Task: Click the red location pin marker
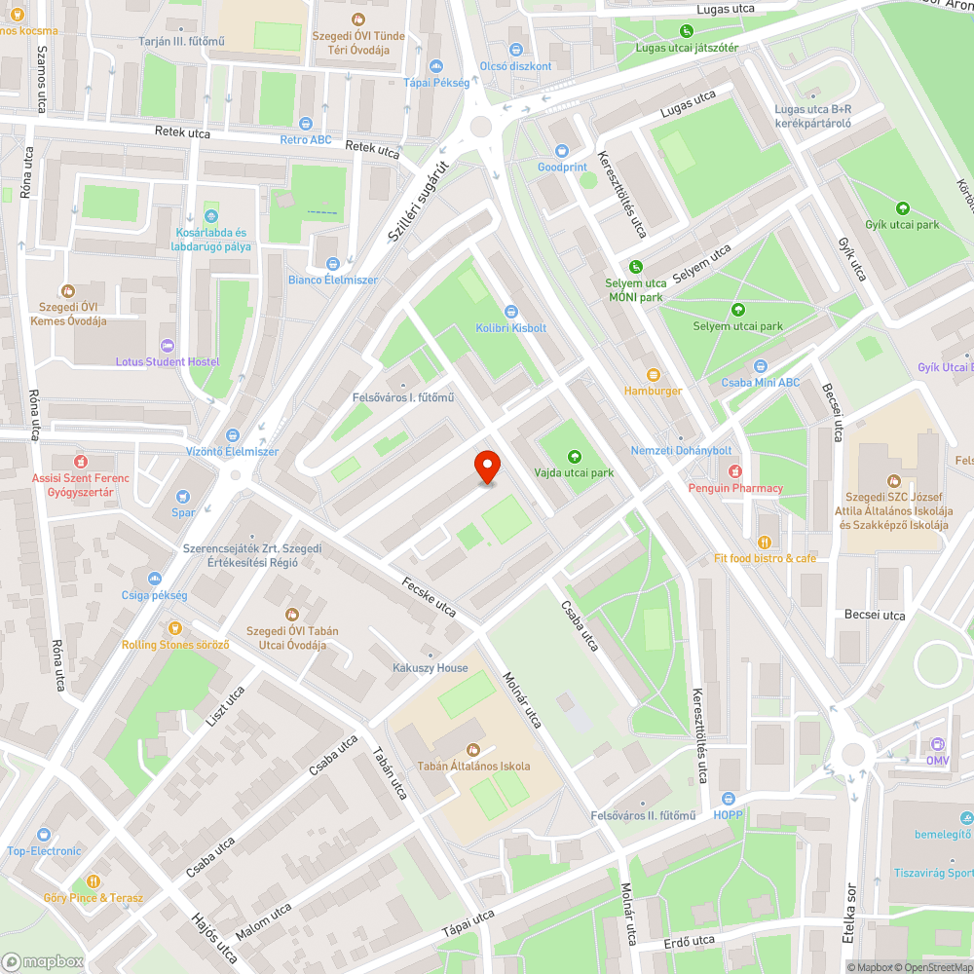pyautogui.click(x=486, y=467)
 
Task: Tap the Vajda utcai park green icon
pyautogui.click(x=574, y=455)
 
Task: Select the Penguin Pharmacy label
pyautogui.click(x=735, y=488)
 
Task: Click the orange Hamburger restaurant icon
pyautogui.click(x=654, y=374)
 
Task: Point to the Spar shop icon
pyautogui.click(x=184, y=496)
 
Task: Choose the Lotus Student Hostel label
pyautogui.click(x=168, y=362)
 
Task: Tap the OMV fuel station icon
pyautogui.click(x=937, y=743)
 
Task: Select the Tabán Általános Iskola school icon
pyautogui.click(x=474, y=749)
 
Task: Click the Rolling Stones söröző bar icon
pyautogui.click(x=175, y=628)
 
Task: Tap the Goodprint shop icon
pyautogui.click(x=562, y=150)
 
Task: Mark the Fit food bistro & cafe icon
pyautogui.click(x=765, y=543)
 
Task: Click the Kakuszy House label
pyautogui.click(x=430, y=668)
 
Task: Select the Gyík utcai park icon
pyautogui.click(x=902, y=207)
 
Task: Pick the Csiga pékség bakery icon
pyautogui.click(x=155, y=578)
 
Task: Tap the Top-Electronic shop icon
pyautogui.click(x=44, y=835)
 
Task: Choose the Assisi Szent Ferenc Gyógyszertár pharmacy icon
pyautogui.click(x=82, y=460)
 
